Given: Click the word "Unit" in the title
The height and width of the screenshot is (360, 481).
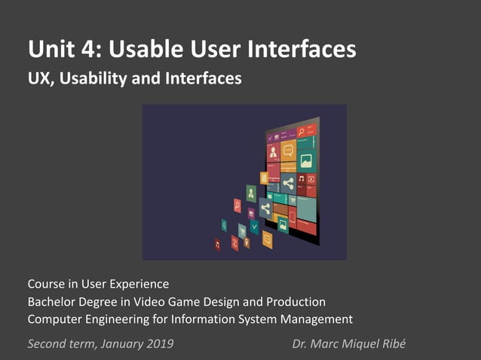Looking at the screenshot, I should coord(51,50).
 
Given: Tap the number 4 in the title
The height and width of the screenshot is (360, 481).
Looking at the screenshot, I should coord(90,50).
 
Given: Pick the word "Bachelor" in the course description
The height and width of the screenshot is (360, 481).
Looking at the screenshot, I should coord(52,302).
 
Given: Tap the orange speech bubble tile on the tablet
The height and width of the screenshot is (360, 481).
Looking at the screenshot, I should coord(288,150).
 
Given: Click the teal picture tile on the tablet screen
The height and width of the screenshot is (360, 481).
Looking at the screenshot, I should coord(306,160).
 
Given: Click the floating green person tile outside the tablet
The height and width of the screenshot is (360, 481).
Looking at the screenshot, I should coord(251,192).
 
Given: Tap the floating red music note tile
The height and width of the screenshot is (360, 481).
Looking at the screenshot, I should coord(218,244).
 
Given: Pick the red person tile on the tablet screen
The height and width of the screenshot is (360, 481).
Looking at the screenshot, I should coord(273,152).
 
